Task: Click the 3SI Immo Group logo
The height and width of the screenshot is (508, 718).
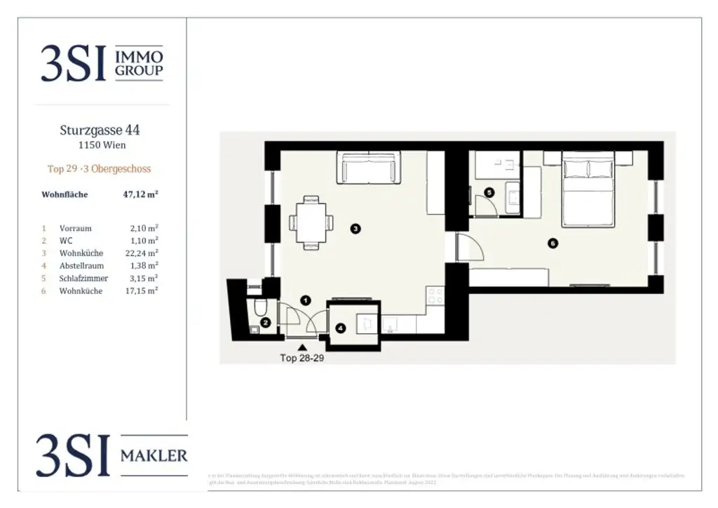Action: click(102, 62)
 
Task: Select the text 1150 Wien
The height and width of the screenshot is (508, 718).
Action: click(102, 145)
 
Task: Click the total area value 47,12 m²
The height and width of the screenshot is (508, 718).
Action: click(140, 194)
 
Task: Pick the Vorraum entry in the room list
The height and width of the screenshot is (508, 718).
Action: click(75, 228)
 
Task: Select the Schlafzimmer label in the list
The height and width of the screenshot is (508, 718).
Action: click(83, 279)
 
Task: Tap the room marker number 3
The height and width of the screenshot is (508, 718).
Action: click(356, 228)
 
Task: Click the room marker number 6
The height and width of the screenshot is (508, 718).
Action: click(553, 243)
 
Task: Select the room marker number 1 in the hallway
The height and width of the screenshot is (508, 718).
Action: click(305, 300)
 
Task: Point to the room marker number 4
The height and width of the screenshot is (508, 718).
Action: click(340, 328)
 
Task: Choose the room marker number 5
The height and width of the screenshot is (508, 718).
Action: click(489, 192)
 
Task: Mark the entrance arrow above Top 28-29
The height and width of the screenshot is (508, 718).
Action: click(302, 347)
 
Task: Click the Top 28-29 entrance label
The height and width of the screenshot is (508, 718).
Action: click(302, 357)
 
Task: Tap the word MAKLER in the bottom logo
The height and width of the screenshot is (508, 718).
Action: click(154, 455)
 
